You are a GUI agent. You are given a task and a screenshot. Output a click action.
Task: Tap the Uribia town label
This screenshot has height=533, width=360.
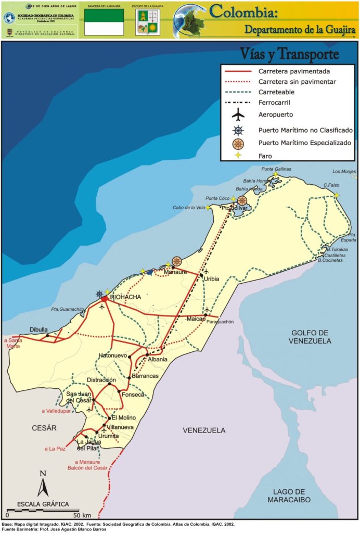[211, 279]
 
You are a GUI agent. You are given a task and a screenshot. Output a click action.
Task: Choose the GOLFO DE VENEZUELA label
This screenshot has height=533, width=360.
[311, 337]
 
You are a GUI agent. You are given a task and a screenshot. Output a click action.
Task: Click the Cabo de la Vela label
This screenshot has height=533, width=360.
[189, 208]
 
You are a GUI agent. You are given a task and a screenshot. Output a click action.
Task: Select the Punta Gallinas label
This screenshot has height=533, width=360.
[276, 169]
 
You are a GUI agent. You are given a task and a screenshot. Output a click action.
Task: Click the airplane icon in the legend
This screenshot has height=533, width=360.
[238, 114]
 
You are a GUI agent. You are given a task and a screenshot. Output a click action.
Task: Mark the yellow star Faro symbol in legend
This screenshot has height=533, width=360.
[238, 156]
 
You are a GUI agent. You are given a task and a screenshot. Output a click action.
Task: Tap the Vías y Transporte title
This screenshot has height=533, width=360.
[289, 54]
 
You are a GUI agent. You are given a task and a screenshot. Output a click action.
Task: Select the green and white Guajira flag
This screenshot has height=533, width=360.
[104, 22]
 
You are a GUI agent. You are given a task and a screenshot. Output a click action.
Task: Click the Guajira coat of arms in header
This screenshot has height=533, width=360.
[148, 22]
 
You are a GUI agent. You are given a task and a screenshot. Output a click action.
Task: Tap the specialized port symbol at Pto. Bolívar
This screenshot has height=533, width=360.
[242, 200]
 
